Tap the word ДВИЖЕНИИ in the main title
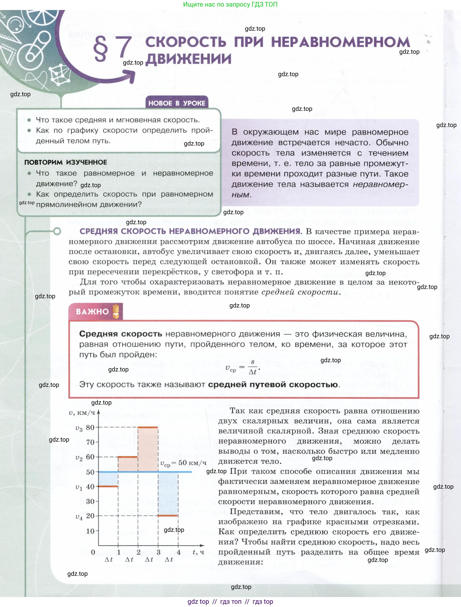(189, 59)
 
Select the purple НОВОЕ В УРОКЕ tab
(177, 103)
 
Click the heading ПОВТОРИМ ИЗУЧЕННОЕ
(66, 162)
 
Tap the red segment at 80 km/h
(148, 427)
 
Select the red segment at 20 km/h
(168, 516)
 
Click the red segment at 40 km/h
(108, 487)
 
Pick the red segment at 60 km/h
(128, 457)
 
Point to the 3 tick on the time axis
(158, 552)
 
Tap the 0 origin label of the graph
(93, 552)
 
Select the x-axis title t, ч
(198, 552)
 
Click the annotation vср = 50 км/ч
(183, 463)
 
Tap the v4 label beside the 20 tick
(79, 517)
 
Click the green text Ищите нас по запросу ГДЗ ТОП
(230, 4)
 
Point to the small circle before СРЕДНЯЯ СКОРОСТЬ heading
(57, 231)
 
